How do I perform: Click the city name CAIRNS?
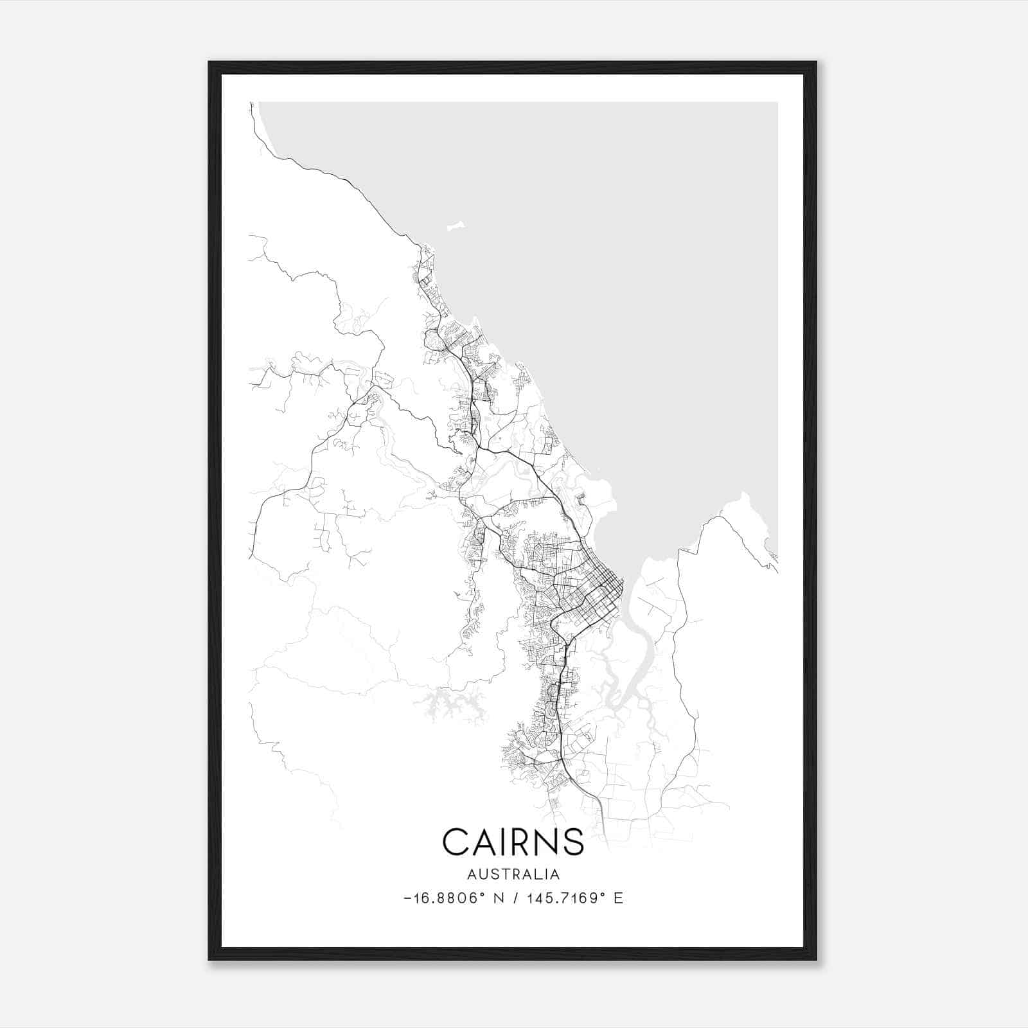click(x=513, y=841)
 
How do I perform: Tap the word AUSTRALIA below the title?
click(x=513, y=874)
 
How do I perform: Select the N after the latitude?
click(x=498, y=898)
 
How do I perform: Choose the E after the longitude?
click(x=618, y=898)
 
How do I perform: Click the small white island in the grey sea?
click(x=456, y=227)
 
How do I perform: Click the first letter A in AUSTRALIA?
click(x=472, y=874)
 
